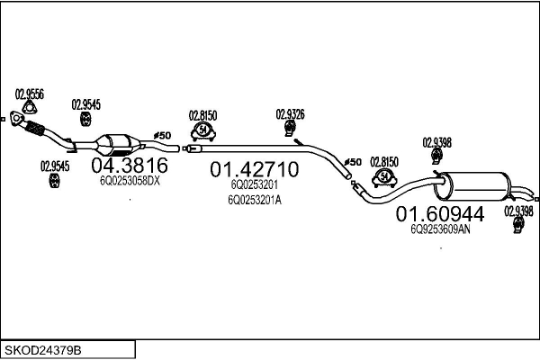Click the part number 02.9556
tap(31, 93)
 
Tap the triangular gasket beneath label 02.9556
tap(29, 112)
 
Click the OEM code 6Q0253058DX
tap(129, 181)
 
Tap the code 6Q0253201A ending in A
tap(255, 200)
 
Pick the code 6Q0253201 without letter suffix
tap(253, 184)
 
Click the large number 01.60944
tap(440, 214)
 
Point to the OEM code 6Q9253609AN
tap(440, 229)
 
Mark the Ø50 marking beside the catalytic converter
tap(161, 135)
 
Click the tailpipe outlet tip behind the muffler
tap(534, 198)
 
